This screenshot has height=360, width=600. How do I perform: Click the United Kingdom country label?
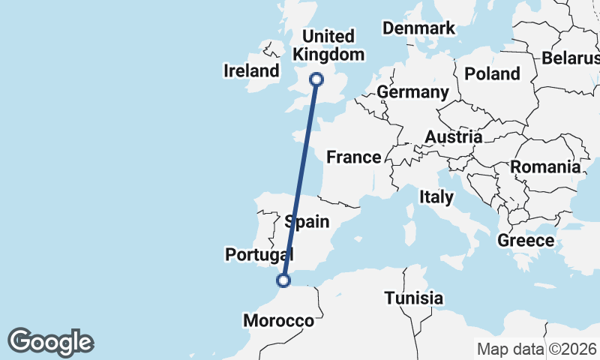coord(328,45)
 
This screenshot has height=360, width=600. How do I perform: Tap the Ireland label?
coord(251,71)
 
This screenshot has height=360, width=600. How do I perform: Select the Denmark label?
coord(418,28)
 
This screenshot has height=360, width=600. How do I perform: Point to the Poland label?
coord(492,73)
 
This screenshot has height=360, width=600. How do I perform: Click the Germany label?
coord(412,92)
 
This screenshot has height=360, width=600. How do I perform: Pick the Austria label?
coord(453,137)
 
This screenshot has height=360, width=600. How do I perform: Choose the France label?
coord(354,157)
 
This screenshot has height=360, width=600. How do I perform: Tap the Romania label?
coord(545,167)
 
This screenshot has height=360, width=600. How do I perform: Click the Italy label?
coord(436,197)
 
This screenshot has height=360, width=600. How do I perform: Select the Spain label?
coord(307,221)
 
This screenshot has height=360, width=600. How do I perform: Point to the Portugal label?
coord(259,255)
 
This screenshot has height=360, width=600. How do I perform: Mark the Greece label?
coord(526,241)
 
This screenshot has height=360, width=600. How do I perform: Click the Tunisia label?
coord(413,298)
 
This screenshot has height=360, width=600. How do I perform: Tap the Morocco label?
coord(278,321)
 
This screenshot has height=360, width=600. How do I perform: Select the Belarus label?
coord(571,58)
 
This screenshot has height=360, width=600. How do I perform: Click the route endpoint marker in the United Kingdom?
coord(316,79)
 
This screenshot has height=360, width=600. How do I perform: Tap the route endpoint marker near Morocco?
coord(283,280)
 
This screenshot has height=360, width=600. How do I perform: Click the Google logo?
coord(51,342)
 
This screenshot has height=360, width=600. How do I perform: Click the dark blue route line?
coord(300,180)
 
